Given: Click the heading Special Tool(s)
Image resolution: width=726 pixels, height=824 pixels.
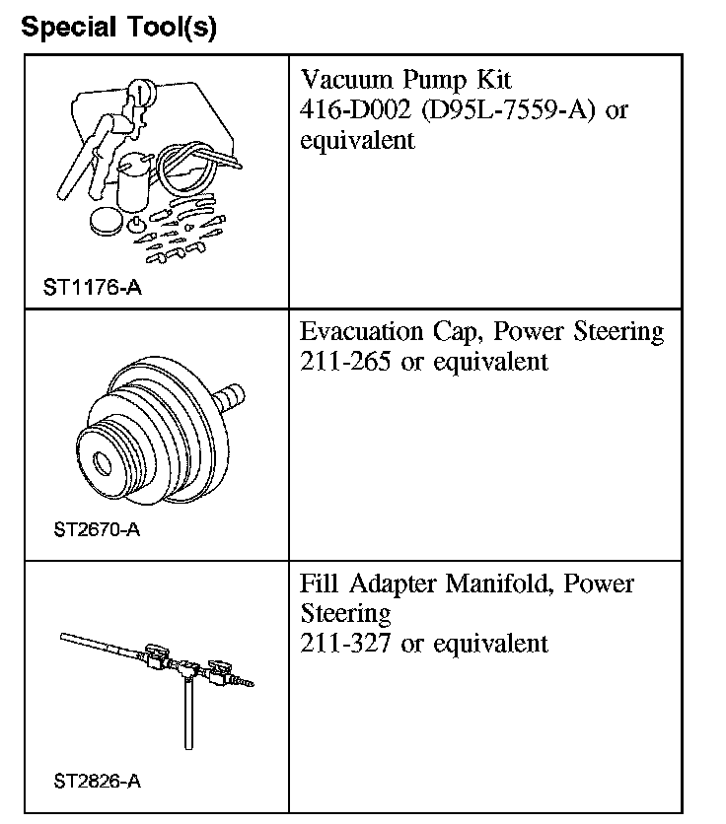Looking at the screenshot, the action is pyautogui.click(x=118, y=27).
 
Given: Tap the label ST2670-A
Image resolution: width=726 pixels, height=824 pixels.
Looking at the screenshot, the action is pyautogui.click(x=97, y=529).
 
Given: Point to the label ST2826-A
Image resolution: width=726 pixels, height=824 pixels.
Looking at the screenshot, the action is pyautogui.click(x=97, y=782).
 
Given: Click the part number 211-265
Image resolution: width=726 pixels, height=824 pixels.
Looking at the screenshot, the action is pyautogui.click(x=346, y=362).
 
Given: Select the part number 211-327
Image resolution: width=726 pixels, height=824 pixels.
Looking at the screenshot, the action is pyautogui.click(x=346, y=644).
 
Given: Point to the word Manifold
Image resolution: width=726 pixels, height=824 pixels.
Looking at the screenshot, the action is pyautogui.click(x=493, y=584).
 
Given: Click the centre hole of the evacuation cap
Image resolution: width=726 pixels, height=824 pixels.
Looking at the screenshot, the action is pyautogui.click(x=101, y=461).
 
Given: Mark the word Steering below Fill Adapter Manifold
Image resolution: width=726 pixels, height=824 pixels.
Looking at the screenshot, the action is pyautogui.click(x=345, y=613).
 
